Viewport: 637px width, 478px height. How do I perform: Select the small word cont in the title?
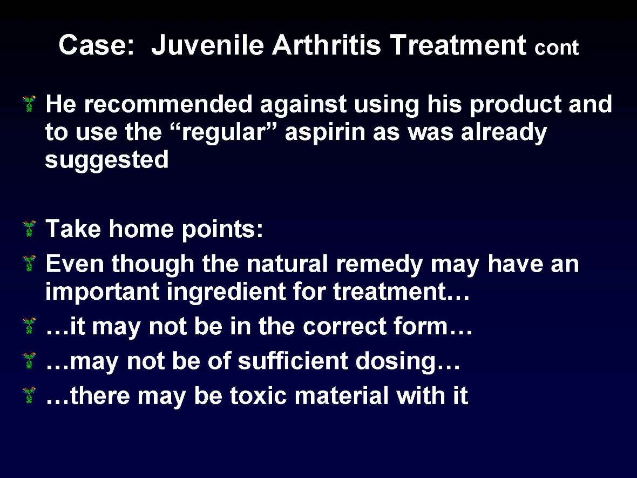pyautogui.click(x=557, y=49)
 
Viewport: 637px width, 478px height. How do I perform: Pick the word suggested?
pyautogui.click(x=107, y=160)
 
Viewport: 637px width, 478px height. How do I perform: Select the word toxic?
pyautogui.click(x=259, y=396)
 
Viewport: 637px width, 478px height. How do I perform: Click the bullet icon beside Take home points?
pyautogui.click(x=30, y=229)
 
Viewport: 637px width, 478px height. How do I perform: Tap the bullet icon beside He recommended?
pyautogui.click(x=30, y=103)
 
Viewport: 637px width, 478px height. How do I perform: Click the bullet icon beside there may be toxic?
pyautogui.click(x=30, y=396)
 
